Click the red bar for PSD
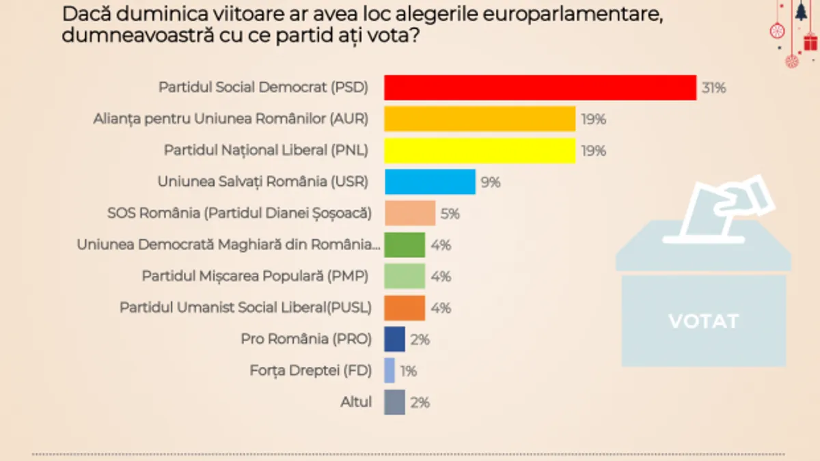click(540, 87)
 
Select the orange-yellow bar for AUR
click(480, 119)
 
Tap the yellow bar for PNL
click(480, 150)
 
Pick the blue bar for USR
click(430, 182)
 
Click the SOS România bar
click(409, 213)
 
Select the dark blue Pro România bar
click(394, 339)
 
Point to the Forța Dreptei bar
click(389, 371)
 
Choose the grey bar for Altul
click(394, 402)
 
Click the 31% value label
click(713, 88)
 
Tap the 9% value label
click(491, 182)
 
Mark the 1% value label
click(409, 372)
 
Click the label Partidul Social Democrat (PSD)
click(264, 87)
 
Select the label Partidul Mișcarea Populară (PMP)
click(256, 277)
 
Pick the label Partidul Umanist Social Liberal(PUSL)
click(245, 308)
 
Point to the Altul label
click(356, 402)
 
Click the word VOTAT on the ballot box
click(703, 321)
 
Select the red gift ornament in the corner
click(810, 41)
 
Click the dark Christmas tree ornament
click(800, 12)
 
